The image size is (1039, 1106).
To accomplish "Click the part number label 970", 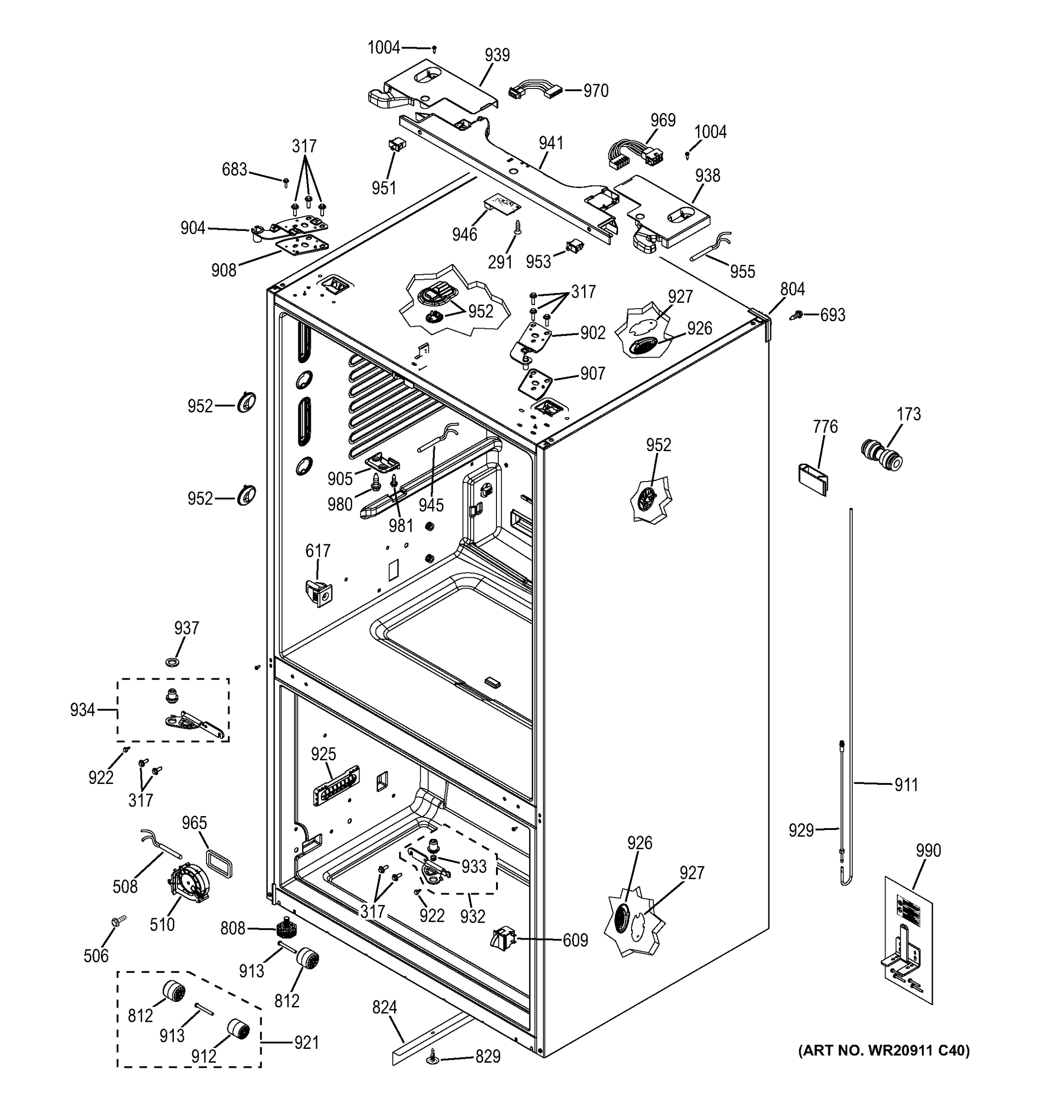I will tap(596, 91).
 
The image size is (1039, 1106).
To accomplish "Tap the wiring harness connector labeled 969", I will tap(632, 156).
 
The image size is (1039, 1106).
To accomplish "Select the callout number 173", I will tap(909, 414).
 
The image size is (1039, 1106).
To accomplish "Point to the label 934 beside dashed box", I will tap(83, 710).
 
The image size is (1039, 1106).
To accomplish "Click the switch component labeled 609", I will tap(502, 940).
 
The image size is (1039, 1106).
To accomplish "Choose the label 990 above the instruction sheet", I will tap(928, 850).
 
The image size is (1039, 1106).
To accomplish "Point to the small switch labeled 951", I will tap(396, 146).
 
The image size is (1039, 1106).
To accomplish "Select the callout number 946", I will tap(464, 234).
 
